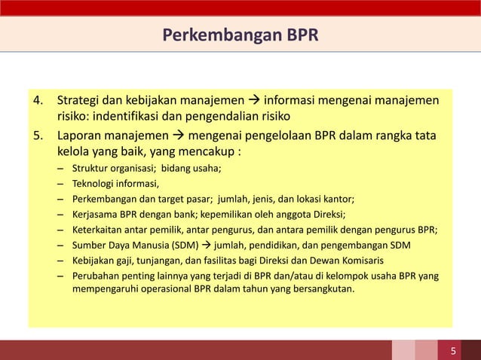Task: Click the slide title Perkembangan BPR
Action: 240,35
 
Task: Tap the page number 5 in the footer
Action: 453,350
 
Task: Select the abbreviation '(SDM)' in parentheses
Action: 189,245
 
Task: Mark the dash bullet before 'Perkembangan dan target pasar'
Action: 60,200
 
